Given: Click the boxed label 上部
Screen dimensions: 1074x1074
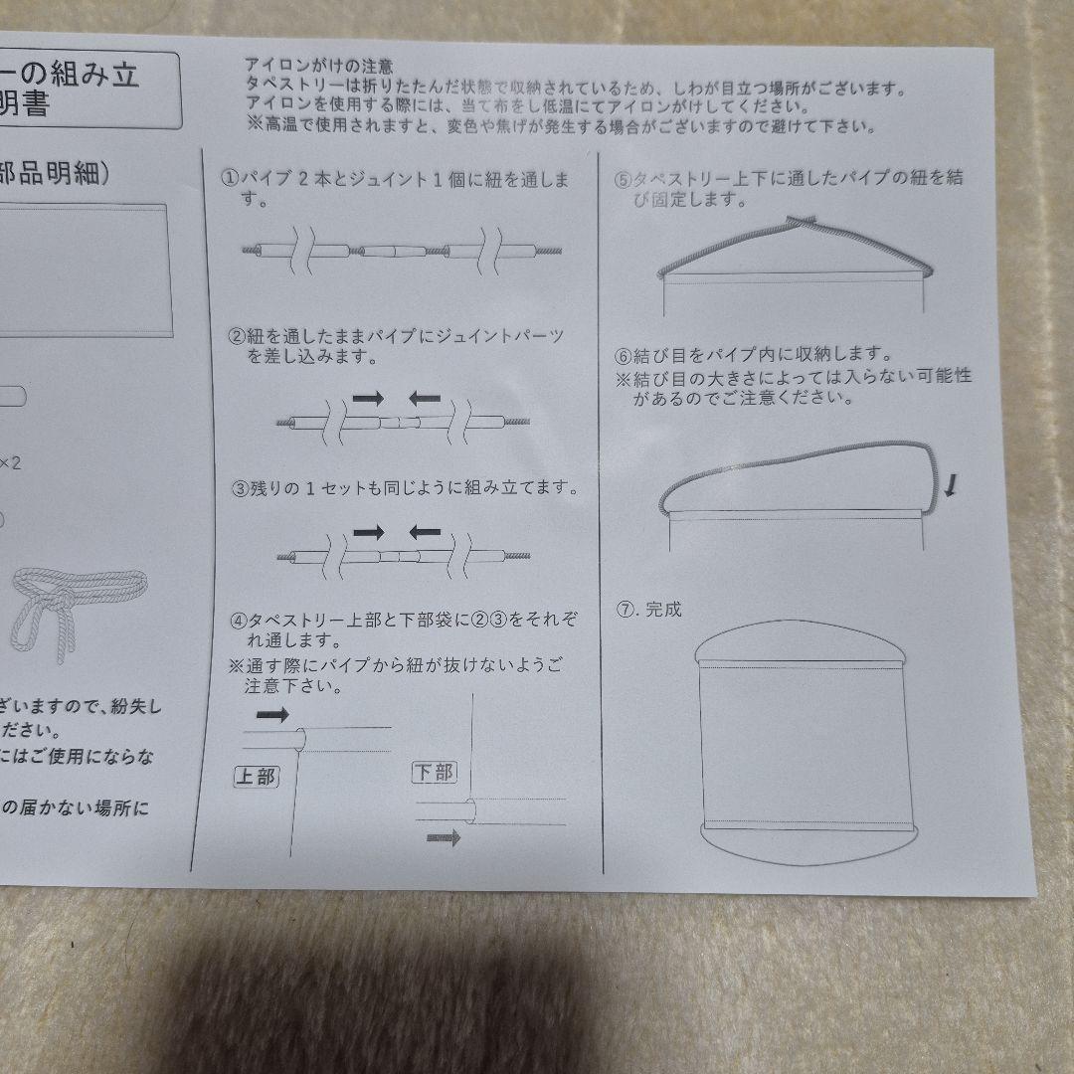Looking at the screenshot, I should point(256,777).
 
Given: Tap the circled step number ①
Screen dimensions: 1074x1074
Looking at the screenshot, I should point(229,180).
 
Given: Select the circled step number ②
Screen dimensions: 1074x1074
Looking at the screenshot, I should point(237,336).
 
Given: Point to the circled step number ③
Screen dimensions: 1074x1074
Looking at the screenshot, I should point(240,488).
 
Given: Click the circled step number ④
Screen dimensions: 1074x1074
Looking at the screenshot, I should point(239,620).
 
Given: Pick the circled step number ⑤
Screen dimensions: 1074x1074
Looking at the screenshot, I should point(624,180).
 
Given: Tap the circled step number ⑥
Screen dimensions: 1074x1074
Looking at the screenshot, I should point(624,355).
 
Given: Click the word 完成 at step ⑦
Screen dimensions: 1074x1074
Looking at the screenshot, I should point(663,610).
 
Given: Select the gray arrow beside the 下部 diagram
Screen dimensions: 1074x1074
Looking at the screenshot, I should point(444,838).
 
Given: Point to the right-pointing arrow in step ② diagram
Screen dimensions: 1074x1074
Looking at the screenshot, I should point(368,398).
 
